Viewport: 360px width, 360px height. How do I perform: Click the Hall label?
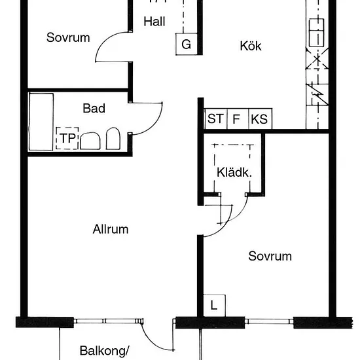(x=154, y=22)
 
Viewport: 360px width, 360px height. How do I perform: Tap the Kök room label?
(x=251, y=46)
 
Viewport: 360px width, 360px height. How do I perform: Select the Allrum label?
(x=111, y=229)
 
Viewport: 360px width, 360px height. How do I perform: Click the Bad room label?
(x=94, y=108)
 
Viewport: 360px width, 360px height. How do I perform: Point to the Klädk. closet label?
(x=234, y=172)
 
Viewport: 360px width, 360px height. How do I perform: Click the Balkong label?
(x=105, y=351)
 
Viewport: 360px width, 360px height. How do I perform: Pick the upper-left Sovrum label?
(x=68, y=37)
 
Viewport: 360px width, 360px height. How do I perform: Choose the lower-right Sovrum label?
(x=270, y=256)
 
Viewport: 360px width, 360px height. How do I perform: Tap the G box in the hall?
(x=187, y=44)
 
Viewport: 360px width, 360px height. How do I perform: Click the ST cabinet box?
(x=215, y=118)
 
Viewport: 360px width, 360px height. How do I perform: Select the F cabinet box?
(x=238, y=118)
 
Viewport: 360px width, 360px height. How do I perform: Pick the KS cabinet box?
(x=260, y=118)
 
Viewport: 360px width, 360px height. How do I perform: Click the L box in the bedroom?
(x=214, y=306)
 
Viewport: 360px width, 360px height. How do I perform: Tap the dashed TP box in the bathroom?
(x=67, y=138)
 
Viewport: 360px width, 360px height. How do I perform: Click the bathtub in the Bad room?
(x=41, y=122)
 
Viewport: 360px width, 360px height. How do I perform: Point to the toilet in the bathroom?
(x=113, y=139)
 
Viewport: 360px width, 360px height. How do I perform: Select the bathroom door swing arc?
(x=154, y=126)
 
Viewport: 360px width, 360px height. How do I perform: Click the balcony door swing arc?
(x=152, y=342)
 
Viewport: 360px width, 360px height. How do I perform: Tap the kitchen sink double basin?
(x=317, y=33)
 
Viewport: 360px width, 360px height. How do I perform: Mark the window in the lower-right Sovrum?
(x=269, y=321)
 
